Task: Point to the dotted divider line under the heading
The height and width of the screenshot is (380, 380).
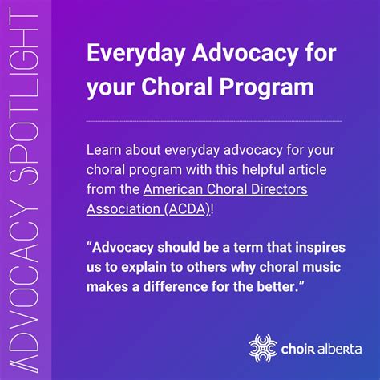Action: [x=213, y=120]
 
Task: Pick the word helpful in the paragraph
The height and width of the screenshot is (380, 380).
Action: [x=250, y=170]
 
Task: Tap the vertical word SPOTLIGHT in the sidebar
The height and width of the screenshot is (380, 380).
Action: [x=26, y=96]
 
